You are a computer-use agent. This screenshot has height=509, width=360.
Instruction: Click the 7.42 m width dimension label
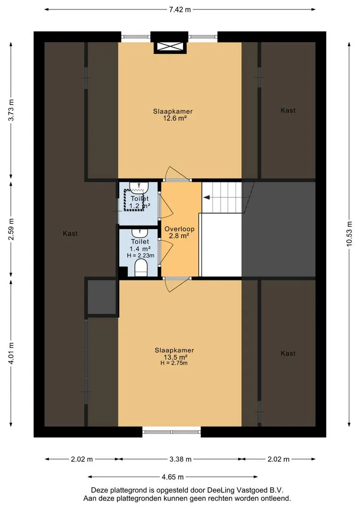[180, 9]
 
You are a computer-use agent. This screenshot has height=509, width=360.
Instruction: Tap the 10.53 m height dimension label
[349, 234]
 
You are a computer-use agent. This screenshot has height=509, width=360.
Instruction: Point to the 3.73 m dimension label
[11, 109]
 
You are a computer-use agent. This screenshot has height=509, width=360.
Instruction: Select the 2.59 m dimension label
[11, 229]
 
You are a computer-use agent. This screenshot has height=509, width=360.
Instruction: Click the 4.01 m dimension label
[11, 353]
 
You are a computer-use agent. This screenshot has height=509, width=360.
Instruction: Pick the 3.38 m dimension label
[180, 459]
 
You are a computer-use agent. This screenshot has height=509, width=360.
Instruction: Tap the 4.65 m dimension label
[172, 477]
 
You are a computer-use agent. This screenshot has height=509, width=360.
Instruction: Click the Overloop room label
[180, 229]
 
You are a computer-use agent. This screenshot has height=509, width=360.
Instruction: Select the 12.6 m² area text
[175, 118]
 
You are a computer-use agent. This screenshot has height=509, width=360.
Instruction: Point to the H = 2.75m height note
[174, 363]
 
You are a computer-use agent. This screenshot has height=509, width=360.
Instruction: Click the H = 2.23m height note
[140, 255]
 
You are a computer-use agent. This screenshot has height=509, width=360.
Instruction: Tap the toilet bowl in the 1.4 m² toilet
[141, 268]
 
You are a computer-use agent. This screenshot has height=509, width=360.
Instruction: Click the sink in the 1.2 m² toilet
[139, 186]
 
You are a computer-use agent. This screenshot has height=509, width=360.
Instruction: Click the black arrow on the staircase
[207, 197]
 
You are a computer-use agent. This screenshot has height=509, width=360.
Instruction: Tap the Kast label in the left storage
[70, 233]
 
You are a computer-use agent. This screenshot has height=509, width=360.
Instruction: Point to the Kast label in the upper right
[288, 110]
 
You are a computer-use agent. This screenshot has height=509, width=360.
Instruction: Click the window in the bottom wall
[172, 432]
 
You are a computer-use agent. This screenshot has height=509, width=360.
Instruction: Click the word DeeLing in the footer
[221, 490]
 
